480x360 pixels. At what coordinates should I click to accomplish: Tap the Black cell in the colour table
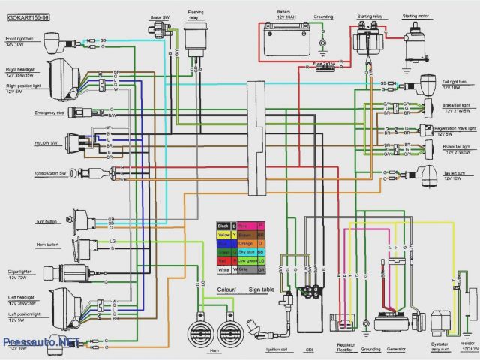point(223,225)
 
